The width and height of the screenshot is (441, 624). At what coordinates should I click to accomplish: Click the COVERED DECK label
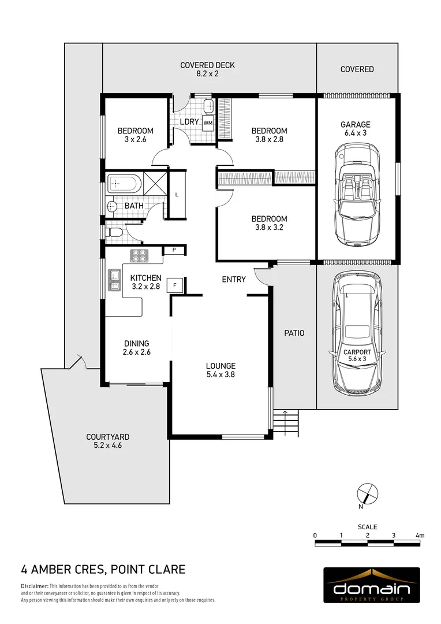pos(207,65)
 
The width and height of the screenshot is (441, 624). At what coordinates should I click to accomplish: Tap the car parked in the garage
pos(357,194)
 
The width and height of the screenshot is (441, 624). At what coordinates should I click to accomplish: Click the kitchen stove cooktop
pos(139,255)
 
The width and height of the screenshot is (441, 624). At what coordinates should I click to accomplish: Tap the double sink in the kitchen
pos(113,278)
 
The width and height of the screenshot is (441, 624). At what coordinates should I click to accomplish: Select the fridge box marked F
pos(174,285)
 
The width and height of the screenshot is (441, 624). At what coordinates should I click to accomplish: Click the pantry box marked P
pos(174,250)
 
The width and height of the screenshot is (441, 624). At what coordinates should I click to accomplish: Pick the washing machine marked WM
pos(208,122)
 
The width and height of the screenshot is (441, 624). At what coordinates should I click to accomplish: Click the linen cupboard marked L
pos(177,194)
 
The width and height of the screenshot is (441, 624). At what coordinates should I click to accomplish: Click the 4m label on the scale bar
pos(420,536)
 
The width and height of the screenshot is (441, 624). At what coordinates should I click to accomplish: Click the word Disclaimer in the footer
pos(34,586)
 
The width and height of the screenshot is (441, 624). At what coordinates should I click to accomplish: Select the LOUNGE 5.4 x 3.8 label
pos(220,370)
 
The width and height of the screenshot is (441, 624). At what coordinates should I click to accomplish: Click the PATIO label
pos(294,333)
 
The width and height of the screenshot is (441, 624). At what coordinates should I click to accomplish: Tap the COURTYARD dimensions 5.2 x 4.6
pos(107,445)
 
